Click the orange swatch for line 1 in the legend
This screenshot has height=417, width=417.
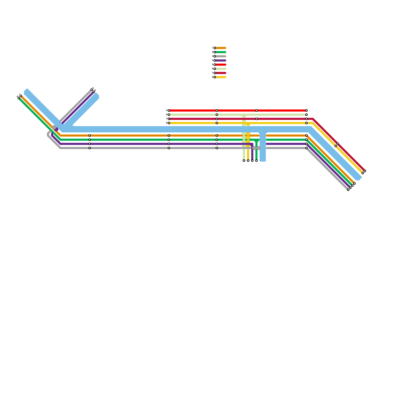[x=221, y=48]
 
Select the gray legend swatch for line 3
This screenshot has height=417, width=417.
[x=221, y=56]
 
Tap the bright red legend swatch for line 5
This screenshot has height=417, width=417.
[x=221, y=65]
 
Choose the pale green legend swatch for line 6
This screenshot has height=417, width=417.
[x=221, y=69]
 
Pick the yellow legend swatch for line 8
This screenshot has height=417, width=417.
[x=221, y=77]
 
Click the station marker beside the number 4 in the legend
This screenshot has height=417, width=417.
[x=215, y=60]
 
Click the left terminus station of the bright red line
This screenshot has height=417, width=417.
[x=169, y=111]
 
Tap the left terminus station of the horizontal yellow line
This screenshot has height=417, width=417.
[x=169, y=123]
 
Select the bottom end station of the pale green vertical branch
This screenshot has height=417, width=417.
[x=244, y=161]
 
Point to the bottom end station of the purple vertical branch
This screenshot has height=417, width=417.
[x=252, y=161]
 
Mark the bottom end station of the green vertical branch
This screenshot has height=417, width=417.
[x=256, y=161]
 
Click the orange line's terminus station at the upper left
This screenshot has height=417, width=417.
[x=21, y=96]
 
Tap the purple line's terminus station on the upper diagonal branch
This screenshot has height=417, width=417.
[x=94, y=92]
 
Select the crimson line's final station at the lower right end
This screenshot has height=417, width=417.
[x=365, y=171]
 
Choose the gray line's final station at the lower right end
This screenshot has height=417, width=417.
[x=348, y=190]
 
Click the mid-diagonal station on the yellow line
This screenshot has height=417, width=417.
[x=336, y=146]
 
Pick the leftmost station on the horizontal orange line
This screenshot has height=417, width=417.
[x=90, y=136]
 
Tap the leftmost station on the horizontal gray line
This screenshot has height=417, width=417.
[x=90, y=148]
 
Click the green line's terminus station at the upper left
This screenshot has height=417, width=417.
[x=19, y=98]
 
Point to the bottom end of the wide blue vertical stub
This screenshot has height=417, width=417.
[x=263, y=160]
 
